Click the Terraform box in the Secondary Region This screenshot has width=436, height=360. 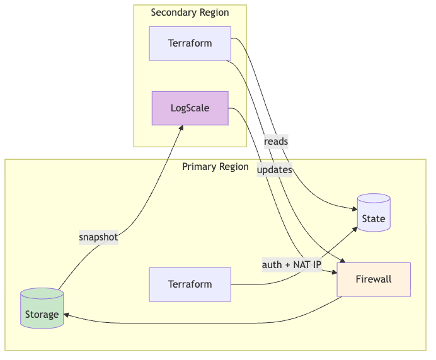[190, 43]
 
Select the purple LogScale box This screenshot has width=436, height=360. [190, 108]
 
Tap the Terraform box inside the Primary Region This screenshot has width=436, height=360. [190, 284]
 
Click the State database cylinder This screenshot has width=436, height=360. [373, 214]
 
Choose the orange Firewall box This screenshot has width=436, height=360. [374, 279]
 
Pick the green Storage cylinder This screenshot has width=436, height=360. [42, 309]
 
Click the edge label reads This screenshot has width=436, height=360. [276, 142]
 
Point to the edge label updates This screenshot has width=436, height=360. [274, 170]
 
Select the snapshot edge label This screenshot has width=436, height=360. [98, 237]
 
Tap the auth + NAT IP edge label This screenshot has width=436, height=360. [292, 265]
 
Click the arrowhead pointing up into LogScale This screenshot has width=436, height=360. [181, 128]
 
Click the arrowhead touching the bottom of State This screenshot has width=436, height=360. [355, 228]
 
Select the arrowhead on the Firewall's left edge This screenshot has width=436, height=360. [334, 272]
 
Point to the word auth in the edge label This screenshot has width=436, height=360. [272, 265]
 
